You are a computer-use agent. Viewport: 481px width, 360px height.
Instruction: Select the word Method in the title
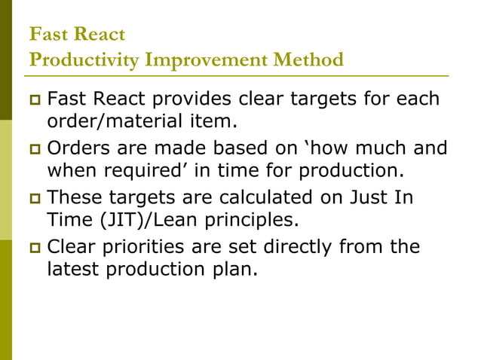point(305,59)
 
